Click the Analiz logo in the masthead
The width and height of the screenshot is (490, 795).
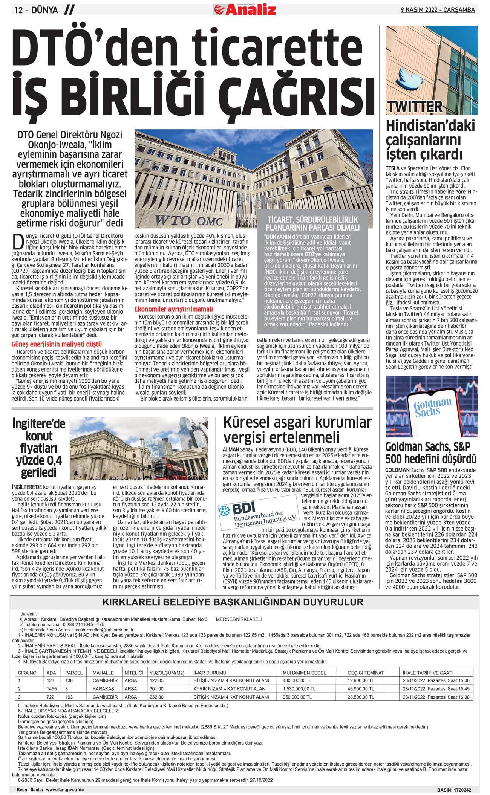pos(245,9)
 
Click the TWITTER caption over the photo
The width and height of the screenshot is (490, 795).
pos(414,107)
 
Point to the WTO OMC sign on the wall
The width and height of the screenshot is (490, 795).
pos(188,220)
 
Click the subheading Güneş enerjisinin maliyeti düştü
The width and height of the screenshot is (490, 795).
pos(57,344)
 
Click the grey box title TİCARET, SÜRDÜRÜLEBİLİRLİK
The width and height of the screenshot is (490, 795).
pos(312,223)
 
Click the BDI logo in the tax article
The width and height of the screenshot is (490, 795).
pos(257,512)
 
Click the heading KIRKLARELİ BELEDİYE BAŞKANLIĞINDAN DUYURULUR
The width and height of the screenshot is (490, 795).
pos(233,602)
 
